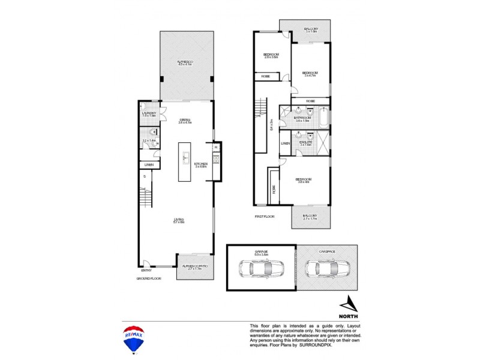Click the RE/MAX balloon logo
pos(136,338)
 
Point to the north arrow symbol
pos(349,303)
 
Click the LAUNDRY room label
pos(149,113)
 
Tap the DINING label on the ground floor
pos(185,120)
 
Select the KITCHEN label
pos(200,163)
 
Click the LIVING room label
pos(179,219)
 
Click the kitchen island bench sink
pos(185,158)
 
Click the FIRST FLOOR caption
pos(264,216)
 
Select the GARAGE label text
pos(260,251)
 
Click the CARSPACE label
pos(326,251)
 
